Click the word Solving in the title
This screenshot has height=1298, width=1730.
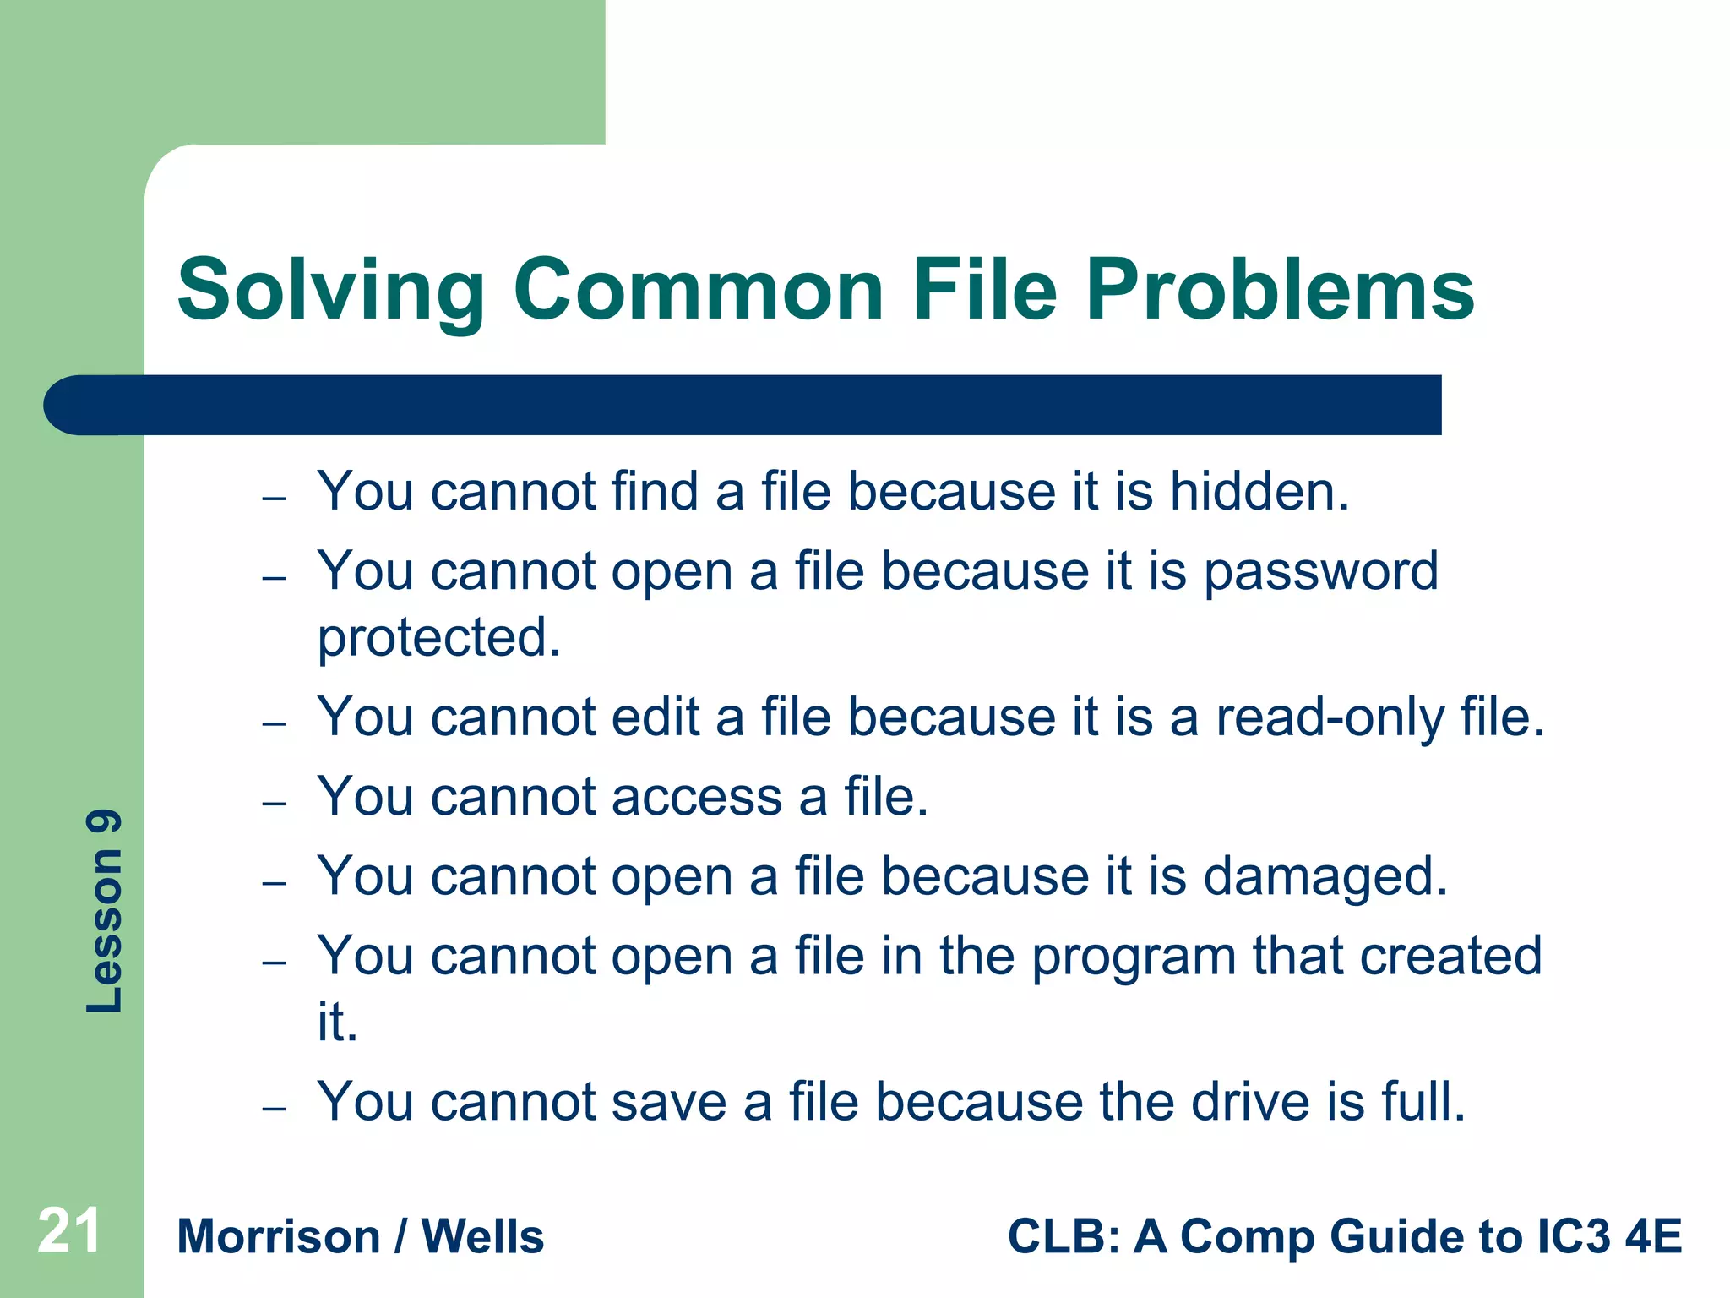(x=330, y=292)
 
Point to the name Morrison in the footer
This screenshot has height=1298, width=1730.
(x=279, y=1237)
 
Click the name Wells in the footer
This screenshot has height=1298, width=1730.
(x=482, y=1237)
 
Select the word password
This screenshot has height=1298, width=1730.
(x=1320, y=572)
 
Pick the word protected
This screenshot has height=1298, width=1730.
(x=438, y=638)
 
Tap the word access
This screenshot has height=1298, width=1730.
(x=697, y=797)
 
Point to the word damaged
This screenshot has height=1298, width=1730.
(x=1325, y=877)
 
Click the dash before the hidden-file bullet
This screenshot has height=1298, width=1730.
(x=274, y=498)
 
